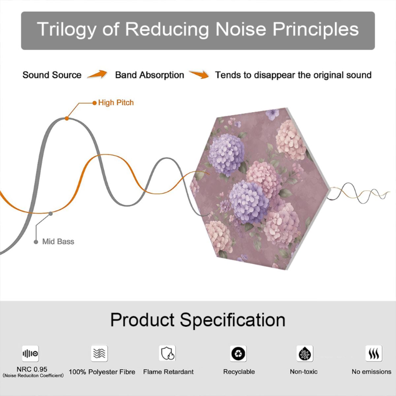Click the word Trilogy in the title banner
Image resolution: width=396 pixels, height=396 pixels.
[66, 29]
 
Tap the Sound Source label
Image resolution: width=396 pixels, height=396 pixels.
[52, 75]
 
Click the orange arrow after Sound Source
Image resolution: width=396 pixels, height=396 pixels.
[97, 74]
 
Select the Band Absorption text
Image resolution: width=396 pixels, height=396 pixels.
[149, 75]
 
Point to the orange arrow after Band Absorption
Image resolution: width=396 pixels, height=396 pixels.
[199, 74]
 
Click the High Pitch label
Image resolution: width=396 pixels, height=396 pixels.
[116, 103]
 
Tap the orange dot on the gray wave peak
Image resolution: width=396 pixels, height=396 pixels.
[67, 118]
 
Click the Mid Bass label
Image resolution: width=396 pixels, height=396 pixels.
[58, 242]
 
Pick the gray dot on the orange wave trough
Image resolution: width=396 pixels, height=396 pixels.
[50, 214]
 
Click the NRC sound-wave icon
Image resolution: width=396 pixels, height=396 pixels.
[30, 353]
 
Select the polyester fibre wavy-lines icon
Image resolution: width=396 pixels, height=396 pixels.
[99, 353]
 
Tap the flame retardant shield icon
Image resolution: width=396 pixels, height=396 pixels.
[167, 353]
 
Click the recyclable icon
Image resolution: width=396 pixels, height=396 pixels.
[238, 353]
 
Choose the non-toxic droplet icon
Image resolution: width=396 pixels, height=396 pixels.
[305, 353]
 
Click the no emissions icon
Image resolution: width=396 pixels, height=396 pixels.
[374, 353]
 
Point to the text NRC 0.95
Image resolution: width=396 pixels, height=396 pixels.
[32, 369]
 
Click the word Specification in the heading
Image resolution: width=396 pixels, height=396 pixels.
[233, 320]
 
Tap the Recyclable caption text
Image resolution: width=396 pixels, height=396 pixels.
[239, 372]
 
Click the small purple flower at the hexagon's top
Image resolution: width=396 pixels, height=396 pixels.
[273, 114]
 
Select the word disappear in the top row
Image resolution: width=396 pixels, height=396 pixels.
[275, 76]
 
